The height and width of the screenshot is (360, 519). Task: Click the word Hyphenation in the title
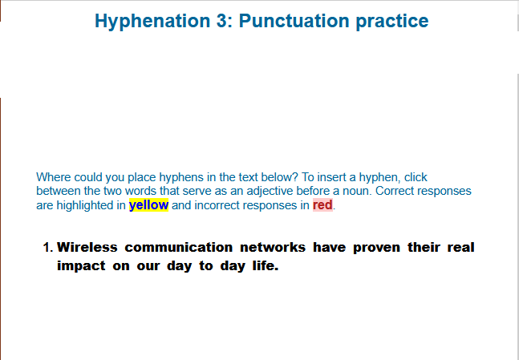pyautogui.click(x=152, y=22)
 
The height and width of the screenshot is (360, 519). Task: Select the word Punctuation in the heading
pyautogui.click(x=294, y=21)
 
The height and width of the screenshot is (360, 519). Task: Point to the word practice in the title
pyautogui.click(x=392, y=22)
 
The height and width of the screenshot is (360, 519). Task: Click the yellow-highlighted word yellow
pyautogui.click(x=148, y=205)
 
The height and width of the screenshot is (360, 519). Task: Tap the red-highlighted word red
pyautogui.click(x=322, y=204)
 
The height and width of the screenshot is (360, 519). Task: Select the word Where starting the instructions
pyautogui.click(x=53, y=177)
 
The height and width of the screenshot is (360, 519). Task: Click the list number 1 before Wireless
pyautogui.click(x=47, y=248)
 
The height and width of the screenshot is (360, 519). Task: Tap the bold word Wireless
pyautogui.click(x=87, y=247)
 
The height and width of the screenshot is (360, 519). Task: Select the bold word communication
pyautogui.click(x=179, y=247)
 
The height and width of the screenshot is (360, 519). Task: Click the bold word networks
pyautogui.click(x=273, y=247)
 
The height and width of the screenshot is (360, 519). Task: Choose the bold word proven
pyautogui.click(x=376, y=249)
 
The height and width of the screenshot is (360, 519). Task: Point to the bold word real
pyautogui.click(x=460, y=247)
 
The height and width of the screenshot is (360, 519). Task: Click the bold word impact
pyautogui.click(x=81, y=266)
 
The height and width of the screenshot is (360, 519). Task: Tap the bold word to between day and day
pyautogui.click(x=206, y=265)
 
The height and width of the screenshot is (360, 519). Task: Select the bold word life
pyautogui.click(x=266, y=265)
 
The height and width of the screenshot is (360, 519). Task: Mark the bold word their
pyautogui.click(x=424, y=247)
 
